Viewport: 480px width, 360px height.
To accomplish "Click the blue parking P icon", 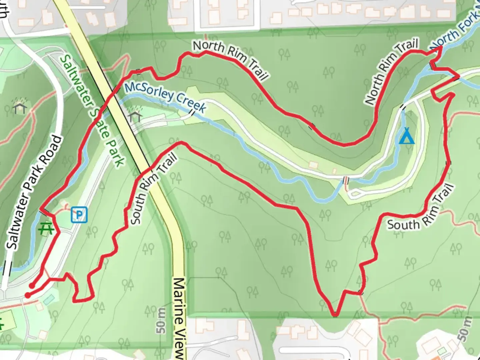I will click(x=79, y=215).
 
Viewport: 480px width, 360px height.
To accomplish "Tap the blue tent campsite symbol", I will click(x=407, y=136).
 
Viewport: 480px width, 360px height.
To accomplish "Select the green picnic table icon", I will click(x=46, y=229).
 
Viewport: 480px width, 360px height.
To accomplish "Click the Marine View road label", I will click(x=180, y=318).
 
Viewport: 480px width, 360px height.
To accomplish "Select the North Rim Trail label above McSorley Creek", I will click(x=230, y=60).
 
